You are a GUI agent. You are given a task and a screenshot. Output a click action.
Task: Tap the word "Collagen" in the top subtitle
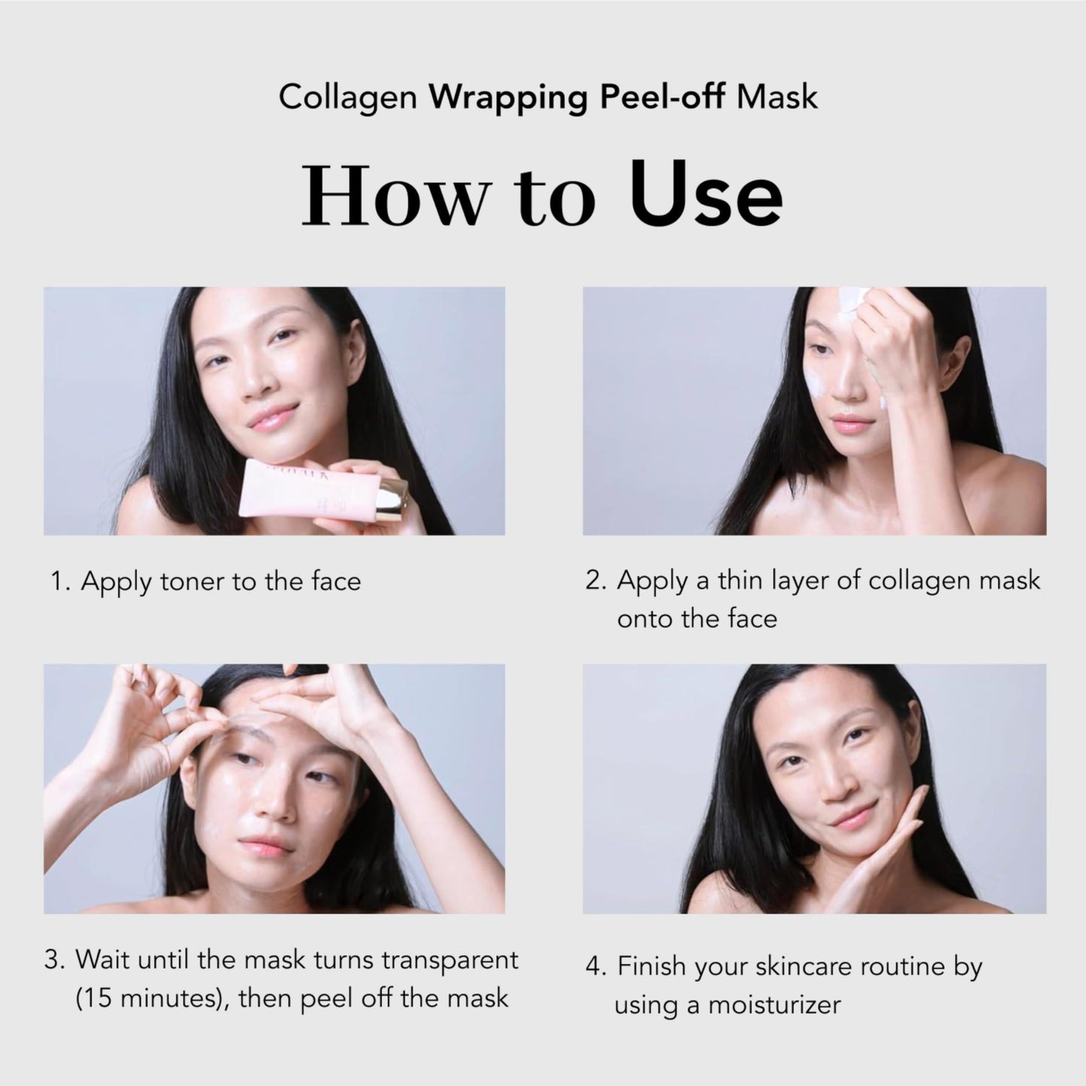pyautogui.click(x=348, y=98)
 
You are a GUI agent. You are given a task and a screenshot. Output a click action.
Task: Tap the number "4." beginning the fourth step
pyautogui.click(x=596, y=967)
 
